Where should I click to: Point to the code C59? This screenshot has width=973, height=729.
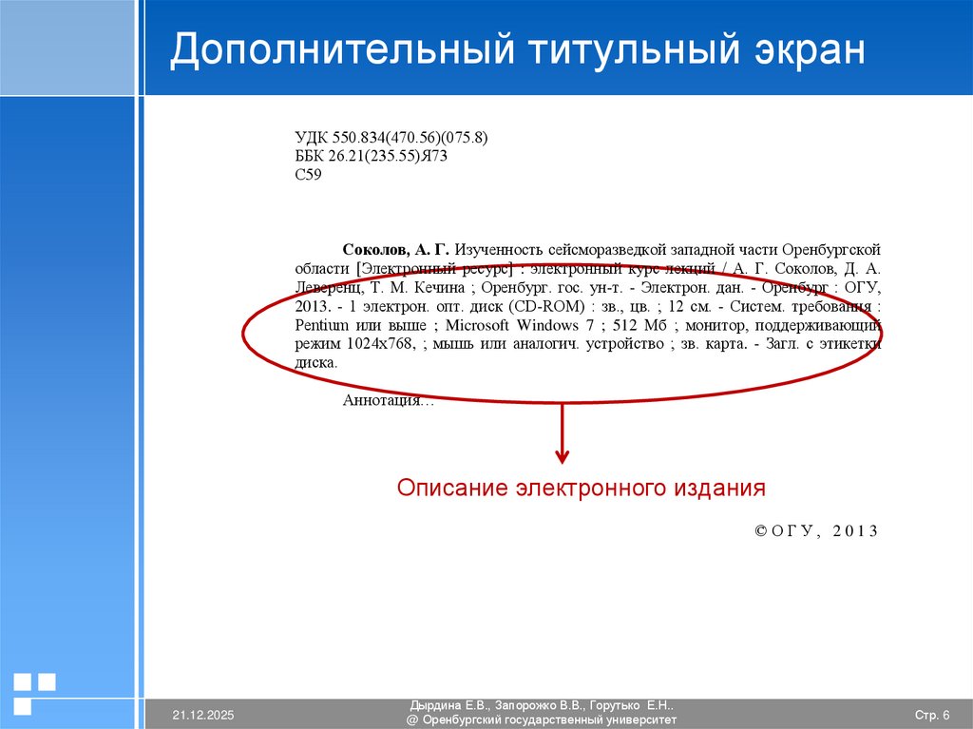[x=309, y=175]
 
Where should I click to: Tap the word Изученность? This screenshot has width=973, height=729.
[x=499, y=249]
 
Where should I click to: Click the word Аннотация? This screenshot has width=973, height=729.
[x=382, y=401]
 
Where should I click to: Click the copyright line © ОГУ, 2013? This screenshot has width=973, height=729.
[x=816, y=531]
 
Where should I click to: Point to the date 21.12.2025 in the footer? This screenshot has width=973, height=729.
[x=202, y=714]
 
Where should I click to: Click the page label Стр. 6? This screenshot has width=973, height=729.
[x=932, y=714]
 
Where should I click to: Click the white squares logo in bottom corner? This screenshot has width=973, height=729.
[x=34, y=692]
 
